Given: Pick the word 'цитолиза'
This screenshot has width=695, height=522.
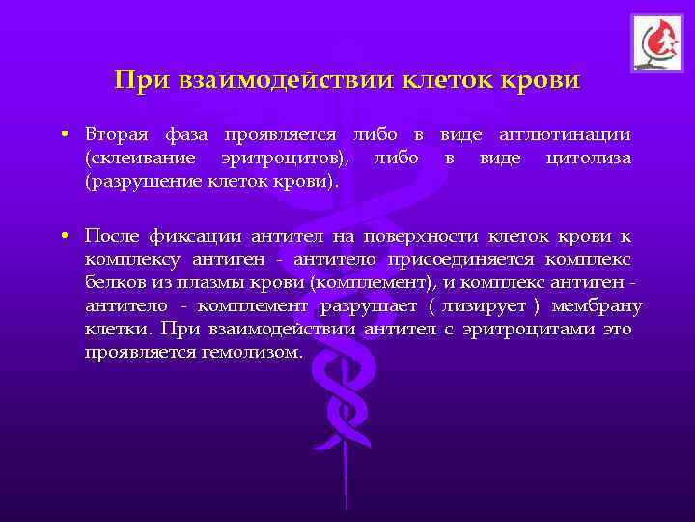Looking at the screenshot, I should pos(588,157).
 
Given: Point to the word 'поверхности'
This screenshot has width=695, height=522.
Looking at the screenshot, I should pos(430,234).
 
